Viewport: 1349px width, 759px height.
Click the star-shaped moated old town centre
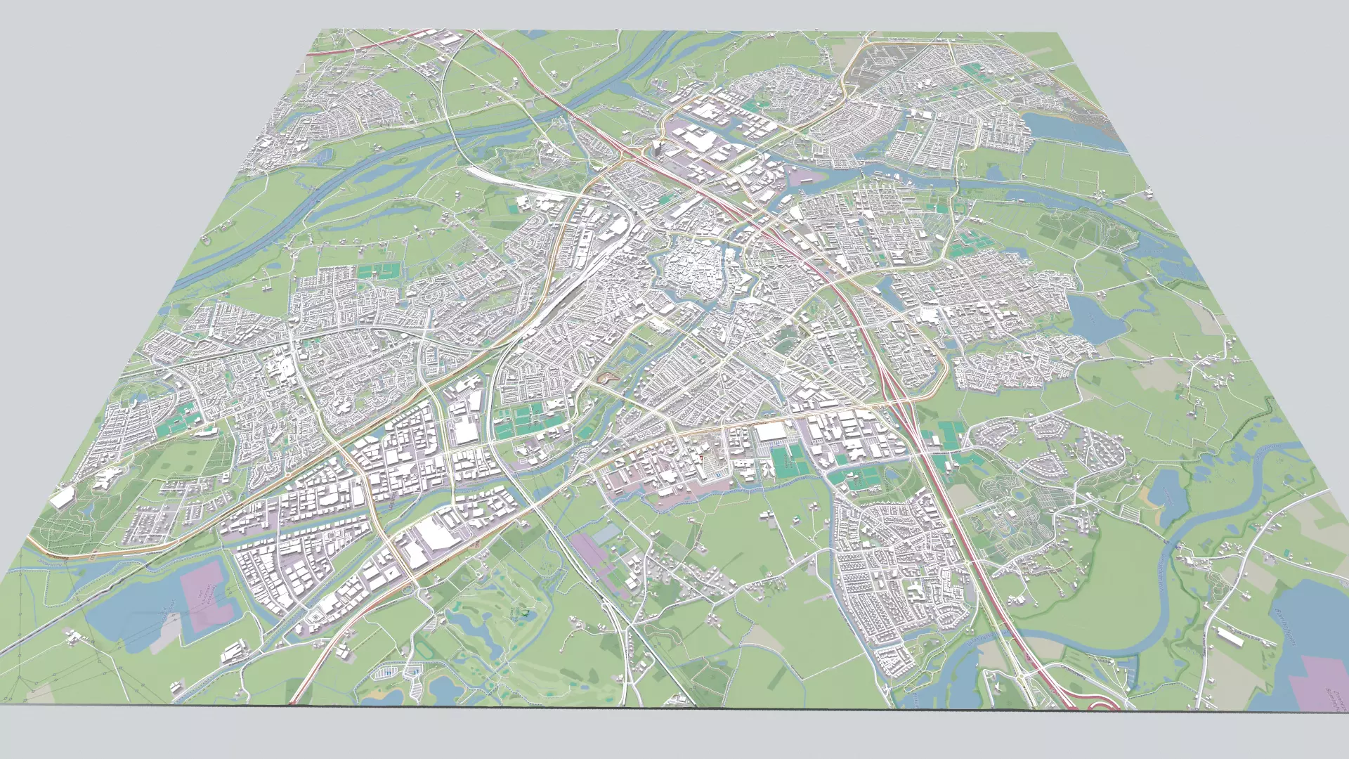tap(692, 271)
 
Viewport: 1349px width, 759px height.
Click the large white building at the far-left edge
tap(62, 498)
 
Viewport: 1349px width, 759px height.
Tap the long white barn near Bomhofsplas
tap(1230, 637)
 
